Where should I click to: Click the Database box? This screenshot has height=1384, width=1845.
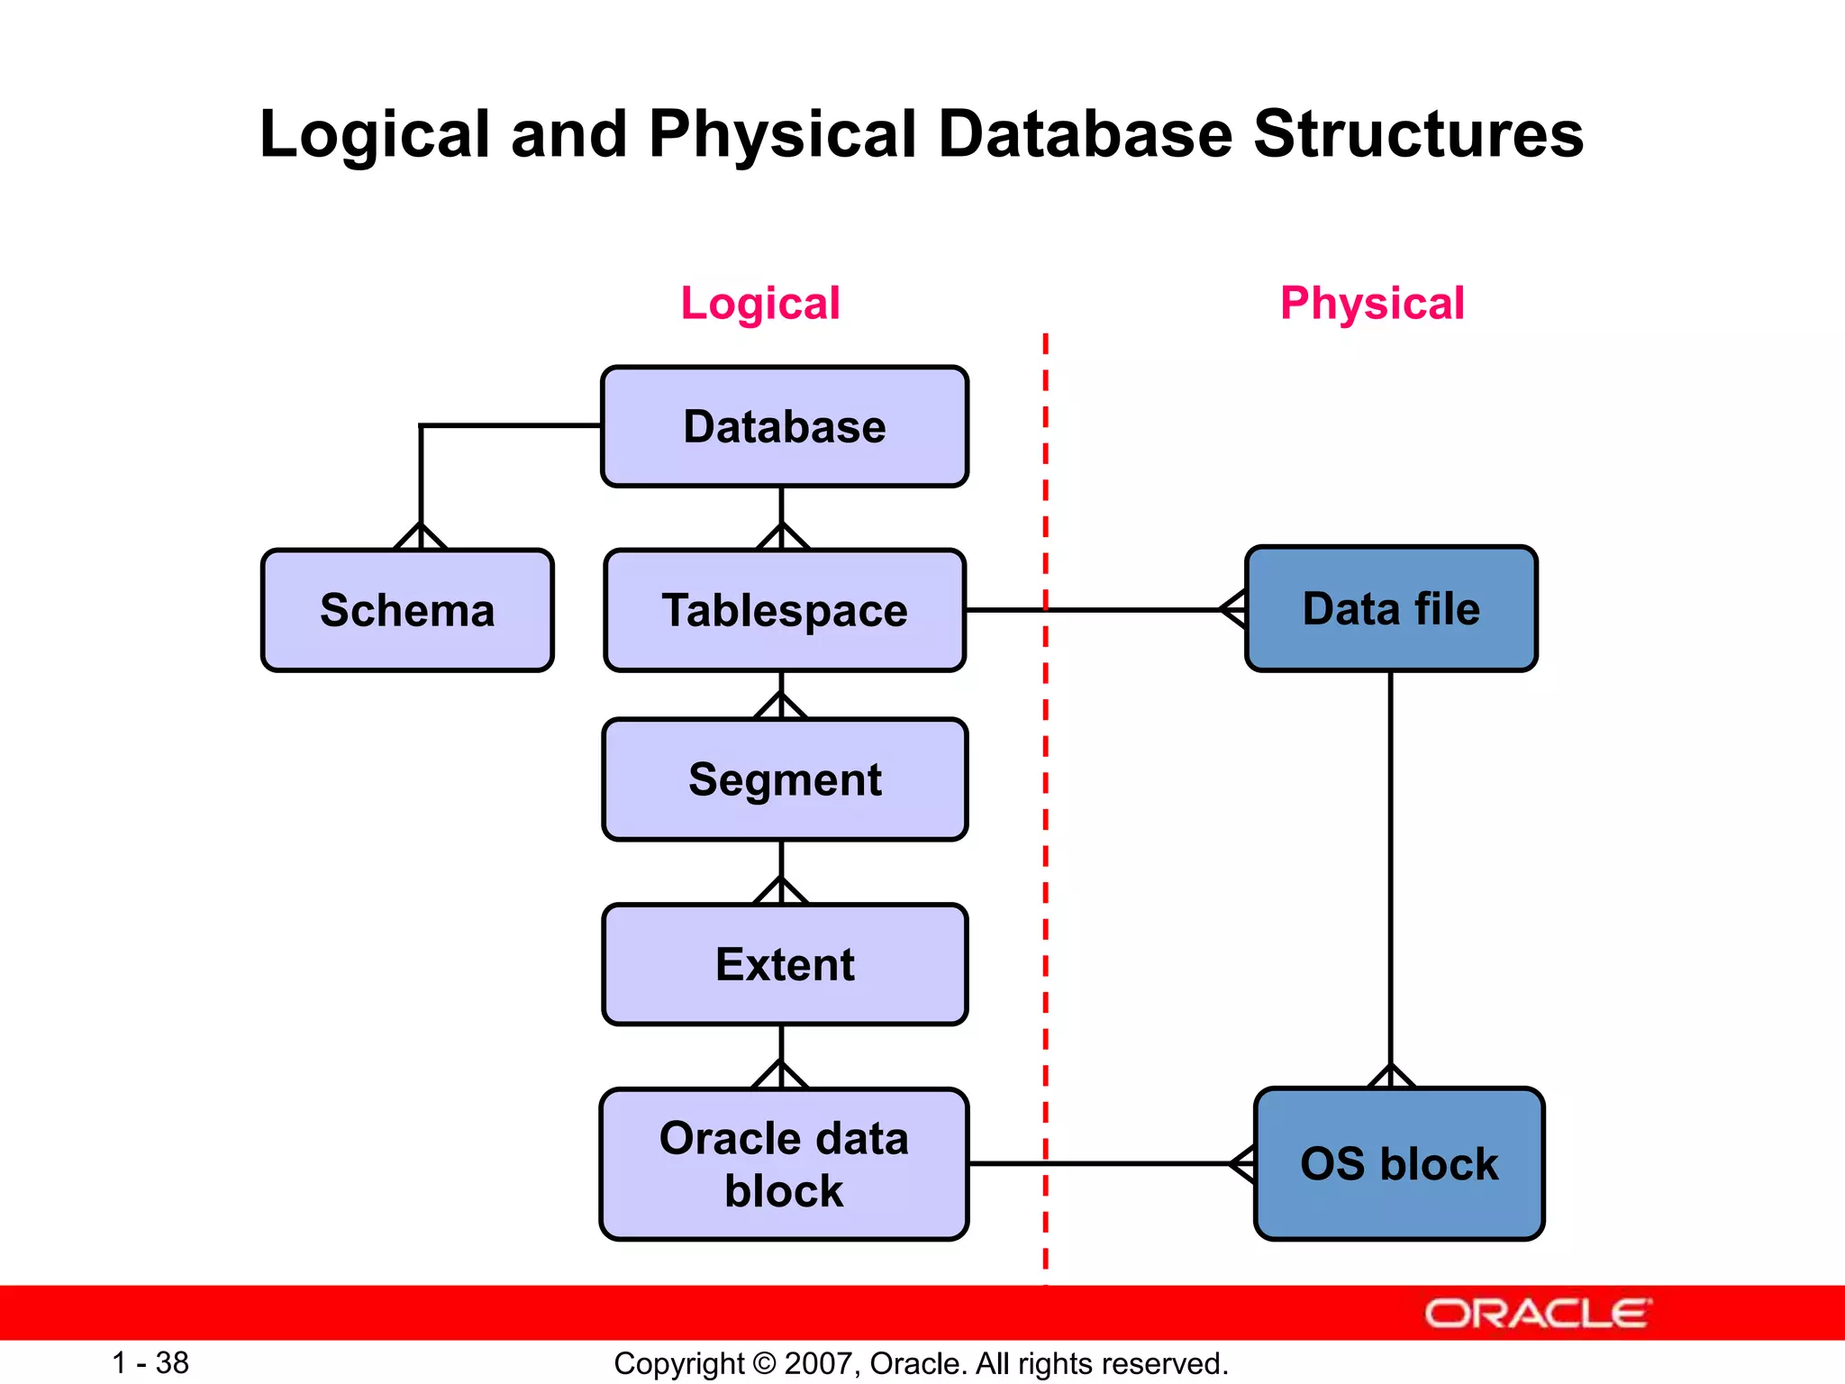coord(784,426)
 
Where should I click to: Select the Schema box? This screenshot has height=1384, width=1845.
coord(407,610)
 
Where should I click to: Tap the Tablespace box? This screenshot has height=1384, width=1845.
coord(784,610)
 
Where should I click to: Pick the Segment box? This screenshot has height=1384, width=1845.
coord(784,779)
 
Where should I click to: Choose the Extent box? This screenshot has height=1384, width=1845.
coord(784,964)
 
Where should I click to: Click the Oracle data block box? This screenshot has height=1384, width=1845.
coord(784,1163)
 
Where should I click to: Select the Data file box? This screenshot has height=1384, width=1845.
coord(1391,608)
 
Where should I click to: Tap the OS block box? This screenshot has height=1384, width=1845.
coord(1398,1163)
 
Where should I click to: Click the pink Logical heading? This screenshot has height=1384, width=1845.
coord(759,303)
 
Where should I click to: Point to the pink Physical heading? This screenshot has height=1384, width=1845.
coord(1371,303)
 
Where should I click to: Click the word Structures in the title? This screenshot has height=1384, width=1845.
coord(1418,134)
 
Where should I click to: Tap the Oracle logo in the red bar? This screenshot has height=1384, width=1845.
coord(1537,1313)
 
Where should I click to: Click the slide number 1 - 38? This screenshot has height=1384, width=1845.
coord(150,1362)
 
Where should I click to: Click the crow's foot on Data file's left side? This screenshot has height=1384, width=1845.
coord(1233,610)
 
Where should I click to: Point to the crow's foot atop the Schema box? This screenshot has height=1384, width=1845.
coord(421,536)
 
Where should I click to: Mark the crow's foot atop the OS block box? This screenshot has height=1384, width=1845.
coord(1391,1076)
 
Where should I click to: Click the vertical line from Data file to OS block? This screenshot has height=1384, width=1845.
coord(1391,865)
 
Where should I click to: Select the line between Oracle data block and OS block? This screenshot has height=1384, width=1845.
coord(1099,1163)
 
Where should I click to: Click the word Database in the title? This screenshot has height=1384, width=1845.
coord(1085,134)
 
